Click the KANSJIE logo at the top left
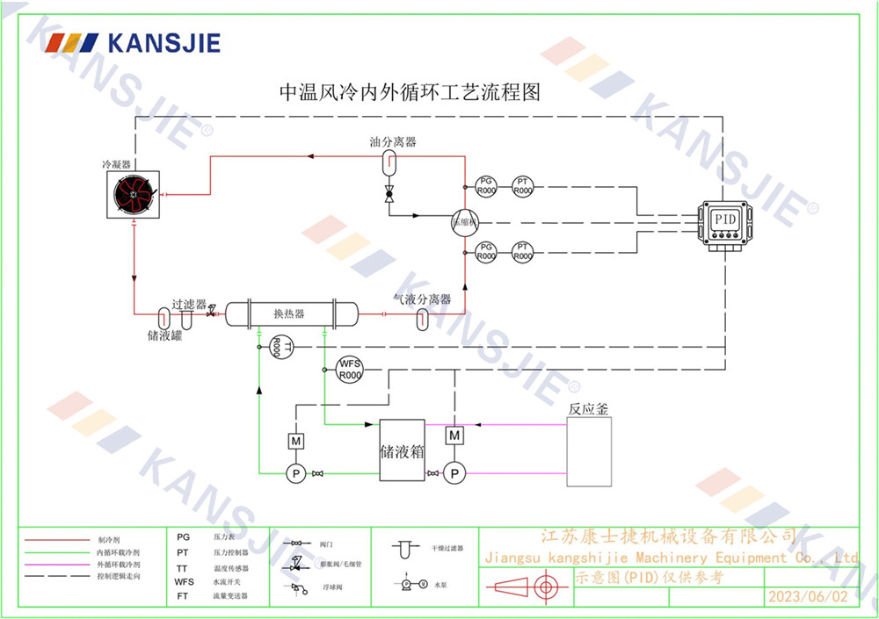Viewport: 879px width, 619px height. (132, 42)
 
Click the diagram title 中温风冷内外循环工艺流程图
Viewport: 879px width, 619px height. (409, 92)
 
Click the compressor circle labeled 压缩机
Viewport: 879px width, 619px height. (463, 222)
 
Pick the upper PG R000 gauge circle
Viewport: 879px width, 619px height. (486, 186)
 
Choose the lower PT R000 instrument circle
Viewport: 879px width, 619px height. (523, 253)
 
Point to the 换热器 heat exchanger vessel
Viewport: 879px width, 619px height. (290, 314)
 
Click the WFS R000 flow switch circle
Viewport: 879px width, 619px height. (350, 370)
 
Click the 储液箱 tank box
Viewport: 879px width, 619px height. (402, 450)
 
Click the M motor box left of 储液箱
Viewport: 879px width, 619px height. (296, 440)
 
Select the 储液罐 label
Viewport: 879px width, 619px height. (164, 335)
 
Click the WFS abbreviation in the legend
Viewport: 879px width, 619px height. (184, 581)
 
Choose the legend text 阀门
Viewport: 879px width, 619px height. (327, 544)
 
